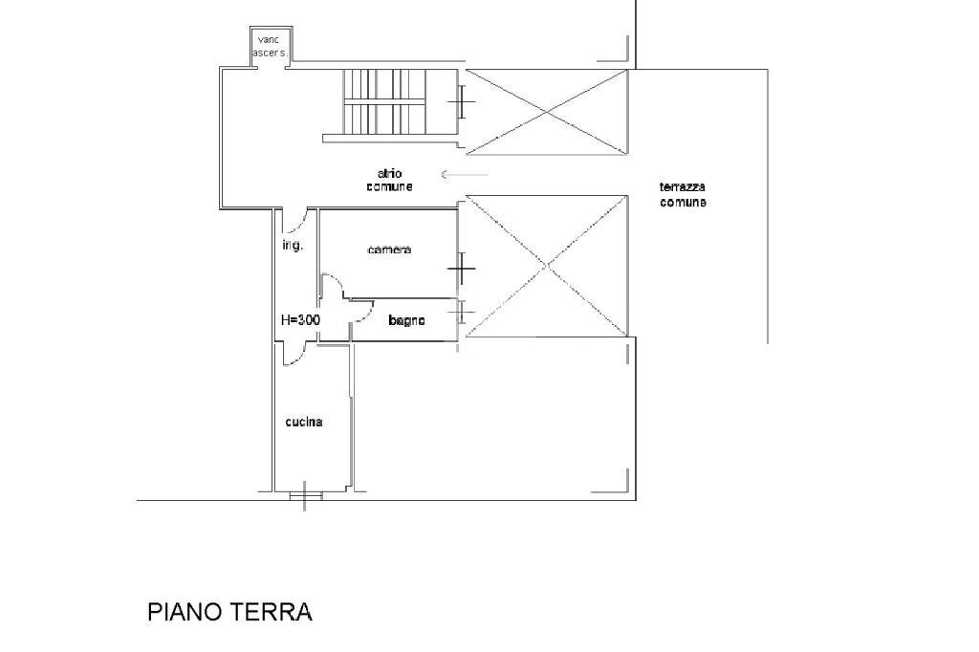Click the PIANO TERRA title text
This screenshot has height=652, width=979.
click(229, 612)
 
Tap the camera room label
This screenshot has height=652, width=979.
click(389, 250)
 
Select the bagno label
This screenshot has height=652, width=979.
click(406, 320)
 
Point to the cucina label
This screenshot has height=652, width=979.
click(303, 422)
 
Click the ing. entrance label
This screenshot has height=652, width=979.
click(292, 246)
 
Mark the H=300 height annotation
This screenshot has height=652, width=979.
click(300, 320)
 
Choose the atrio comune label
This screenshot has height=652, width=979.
click(389, 180)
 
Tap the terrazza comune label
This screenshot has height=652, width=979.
click(683, 195)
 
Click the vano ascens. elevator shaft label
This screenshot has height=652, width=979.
click(269, 46)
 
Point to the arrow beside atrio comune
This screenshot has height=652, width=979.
click(465, 174)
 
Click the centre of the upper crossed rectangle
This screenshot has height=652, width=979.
click(546, 112)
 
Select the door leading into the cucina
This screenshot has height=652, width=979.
click(294, 355)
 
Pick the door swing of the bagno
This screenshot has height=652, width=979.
click(361, 310)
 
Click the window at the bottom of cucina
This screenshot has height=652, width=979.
click(305, 494)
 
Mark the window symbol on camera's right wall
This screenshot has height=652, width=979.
click(462, 269)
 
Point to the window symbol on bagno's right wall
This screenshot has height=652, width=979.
click(462, 313)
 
